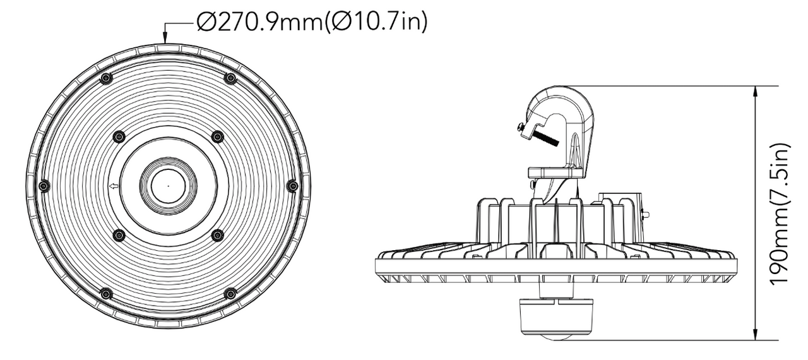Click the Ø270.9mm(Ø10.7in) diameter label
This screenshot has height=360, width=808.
[x=312, y=21]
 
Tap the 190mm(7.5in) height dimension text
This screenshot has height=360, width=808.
[x=780, y=214]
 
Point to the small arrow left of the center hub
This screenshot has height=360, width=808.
[x=114, y=186]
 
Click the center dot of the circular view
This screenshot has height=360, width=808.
[x=169, y=186]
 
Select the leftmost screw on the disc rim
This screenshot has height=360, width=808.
[x=44, y=186]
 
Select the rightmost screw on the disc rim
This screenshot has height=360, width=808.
[x=292, y=186]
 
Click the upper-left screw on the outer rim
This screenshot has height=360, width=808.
[x=106, y=78]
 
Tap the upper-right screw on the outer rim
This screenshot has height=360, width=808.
[x=230, y=78]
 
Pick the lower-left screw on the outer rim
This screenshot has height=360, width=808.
[x=106, y=294]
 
